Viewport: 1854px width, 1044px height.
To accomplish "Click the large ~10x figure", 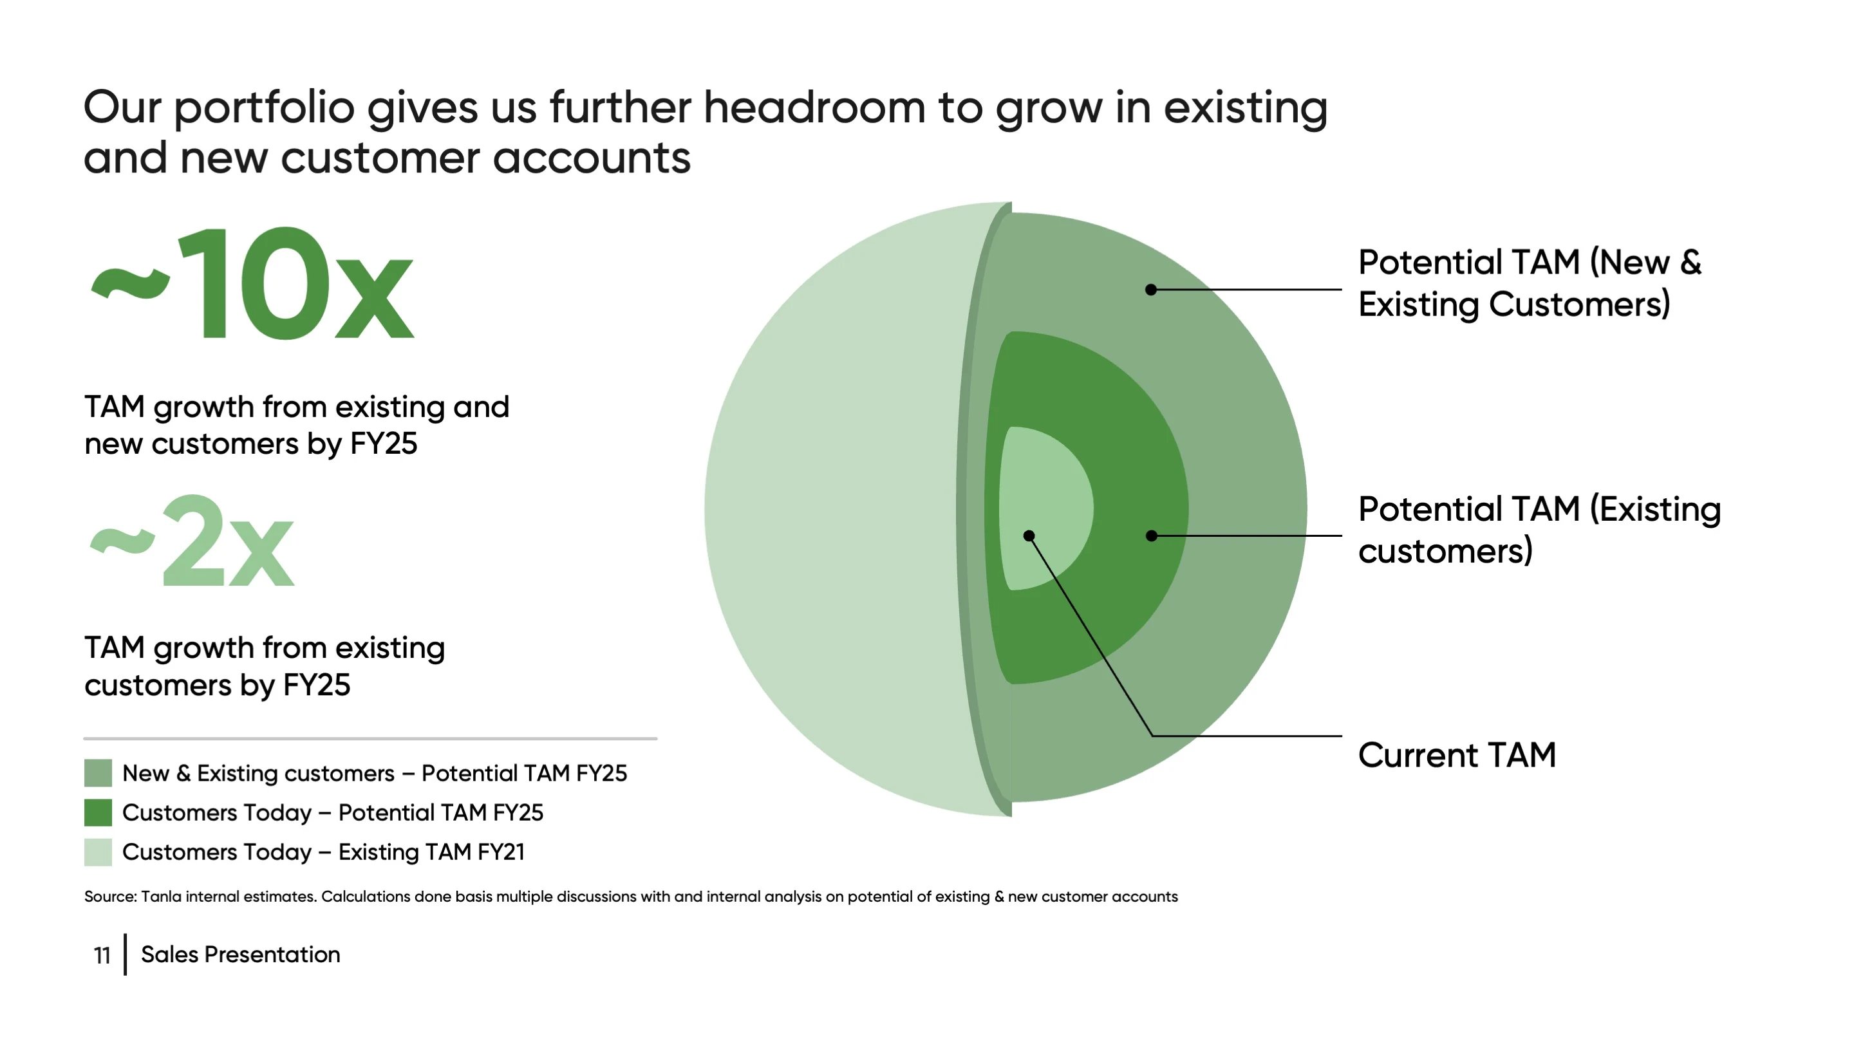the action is (x=252, y=282).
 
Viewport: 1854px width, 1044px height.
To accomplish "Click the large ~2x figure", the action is (x=191, y=541).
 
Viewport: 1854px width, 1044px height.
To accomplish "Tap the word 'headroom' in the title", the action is (x=814, y=107).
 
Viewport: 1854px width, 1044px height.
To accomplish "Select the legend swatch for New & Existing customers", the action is (x=98, y=773).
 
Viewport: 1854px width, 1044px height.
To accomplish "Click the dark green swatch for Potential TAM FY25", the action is (x=98, y=812).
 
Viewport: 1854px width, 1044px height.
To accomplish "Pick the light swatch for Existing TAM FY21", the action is (x=98, y=852).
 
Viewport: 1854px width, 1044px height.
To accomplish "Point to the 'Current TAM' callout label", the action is (x=1457, y=756).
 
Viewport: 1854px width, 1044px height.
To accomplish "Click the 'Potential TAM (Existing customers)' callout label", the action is (x=1539, y=530).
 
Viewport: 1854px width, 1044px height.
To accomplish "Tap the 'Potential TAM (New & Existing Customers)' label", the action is (x=1530, y=283).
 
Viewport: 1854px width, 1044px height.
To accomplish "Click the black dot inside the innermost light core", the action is (x=1029, y=536).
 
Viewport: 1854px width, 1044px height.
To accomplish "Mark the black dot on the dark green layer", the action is (x=1152, y=536).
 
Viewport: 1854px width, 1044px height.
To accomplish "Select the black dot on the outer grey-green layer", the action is (x=1152, y=289).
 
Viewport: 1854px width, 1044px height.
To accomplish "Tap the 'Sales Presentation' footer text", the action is (x=240, y=955).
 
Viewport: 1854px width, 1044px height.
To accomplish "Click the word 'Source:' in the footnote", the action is (x=111, y=897).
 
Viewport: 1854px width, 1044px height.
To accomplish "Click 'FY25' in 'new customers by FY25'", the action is (x=384, y=444).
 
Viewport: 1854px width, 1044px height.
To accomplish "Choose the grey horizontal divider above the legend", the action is (x=371, y=738).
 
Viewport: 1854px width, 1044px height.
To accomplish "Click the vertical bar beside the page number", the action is (x=126, y=955).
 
